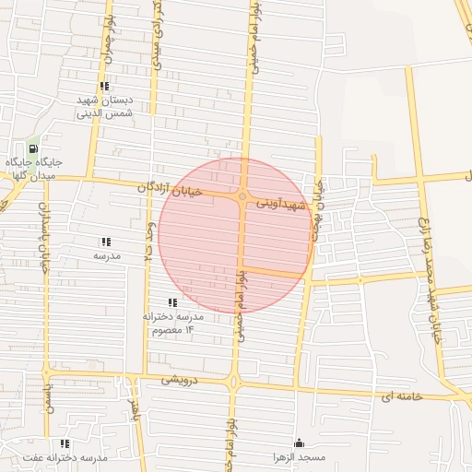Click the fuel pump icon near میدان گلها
[x=33, y=148]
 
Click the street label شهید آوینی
[x=279, y=201]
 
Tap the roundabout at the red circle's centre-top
[x=242, y=196]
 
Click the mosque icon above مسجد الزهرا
[x=297, y=443]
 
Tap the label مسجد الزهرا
[x=297, y=458]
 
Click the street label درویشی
[x=180, y=379]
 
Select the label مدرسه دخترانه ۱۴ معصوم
[x=171, y=323]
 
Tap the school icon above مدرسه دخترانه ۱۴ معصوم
[x=171, y=302]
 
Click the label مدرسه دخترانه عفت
[x=65, y=458]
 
